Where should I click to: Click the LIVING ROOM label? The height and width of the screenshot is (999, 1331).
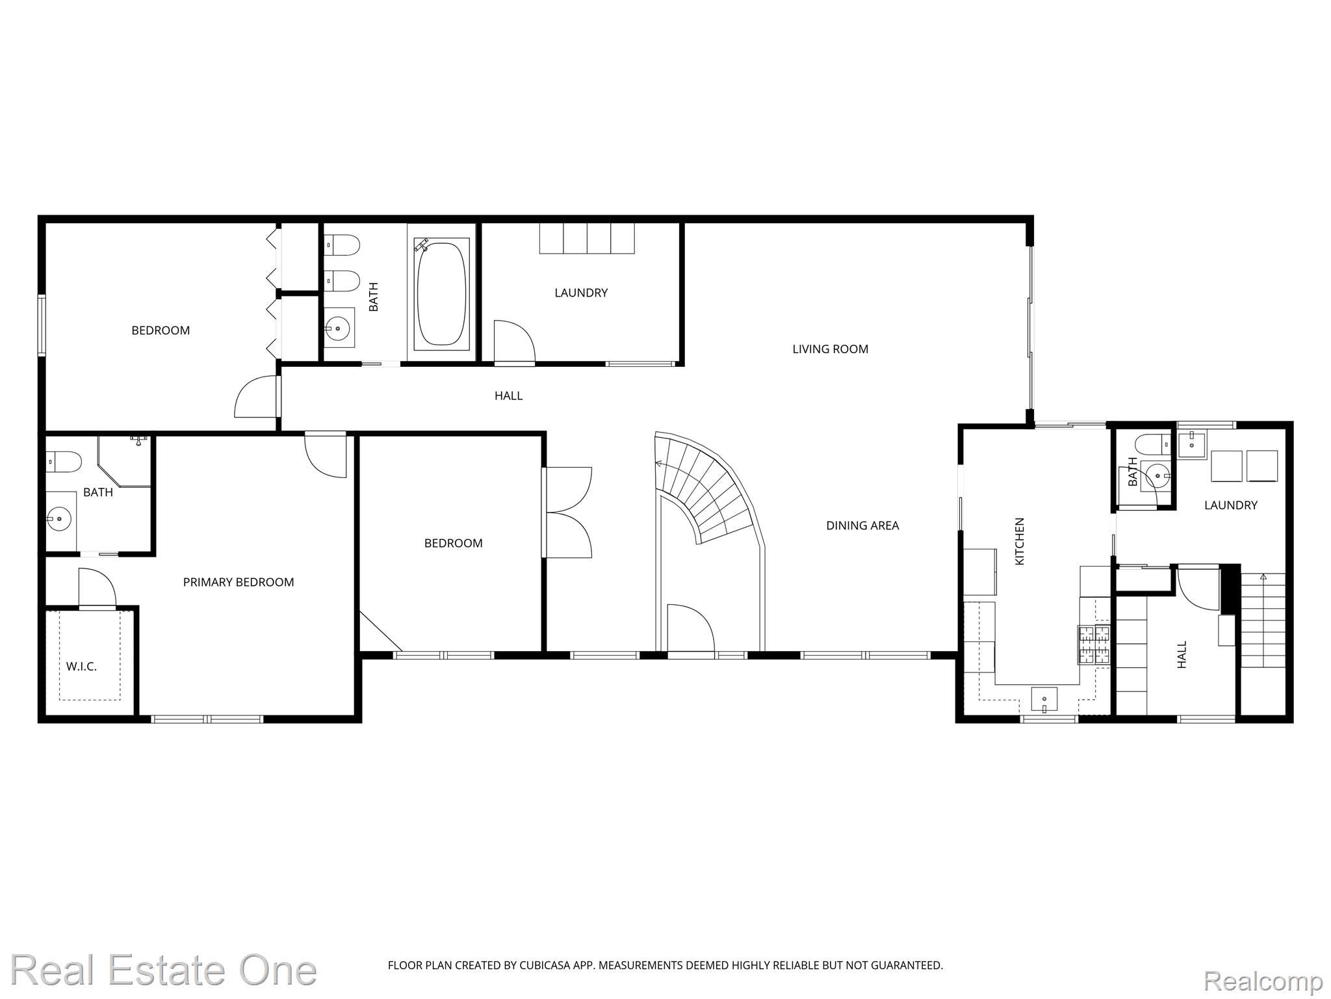click(x=830, y=349)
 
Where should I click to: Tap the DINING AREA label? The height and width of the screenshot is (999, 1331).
click(x=862, y=526)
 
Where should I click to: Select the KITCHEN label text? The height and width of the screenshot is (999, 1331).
click(x=1020, y=541)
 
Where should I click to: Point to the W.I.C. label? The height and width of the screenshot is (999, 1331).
click(x=82, y=667)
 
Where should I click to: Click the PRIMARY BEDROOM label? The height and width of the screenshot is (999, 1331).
click(x=239, y=582)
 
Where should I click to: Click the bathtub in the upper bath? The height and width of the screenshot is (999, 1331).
click(x=442, y=295)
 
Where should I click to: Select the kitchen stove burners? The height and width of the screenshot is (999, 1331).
click(x=1094, y=645)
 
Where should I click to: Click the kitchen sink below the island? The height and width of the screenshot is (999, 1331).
click(x=1044, y=700)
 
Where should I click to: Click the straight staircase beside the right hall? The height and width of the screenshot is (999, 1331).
click(x=1263, y=620)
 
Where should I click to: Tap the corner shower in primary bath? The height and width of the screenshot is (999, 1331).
click(x=123, y=462)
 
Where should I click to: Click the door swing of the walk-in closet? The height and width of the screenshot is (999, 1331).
click(x=97, y=588)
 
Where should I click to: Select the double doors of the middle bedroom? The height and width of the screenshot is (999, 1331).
click(x=567, y=513)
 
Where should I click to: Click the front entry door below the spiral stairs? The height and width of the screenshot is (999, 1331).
click(x=691, y=628)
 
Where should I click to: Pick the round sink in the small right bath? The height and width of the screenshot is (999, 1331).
click(x=1157, y=475)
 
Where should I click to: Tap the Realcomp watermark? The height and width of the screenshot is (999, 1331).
click(x=1263, y=980)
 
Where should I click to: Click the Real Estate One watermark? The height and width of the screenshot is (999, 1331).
click(x=163, y=971)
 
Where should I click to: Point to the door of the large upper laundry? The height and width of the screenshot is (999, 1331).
click(x=514, y=341)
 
